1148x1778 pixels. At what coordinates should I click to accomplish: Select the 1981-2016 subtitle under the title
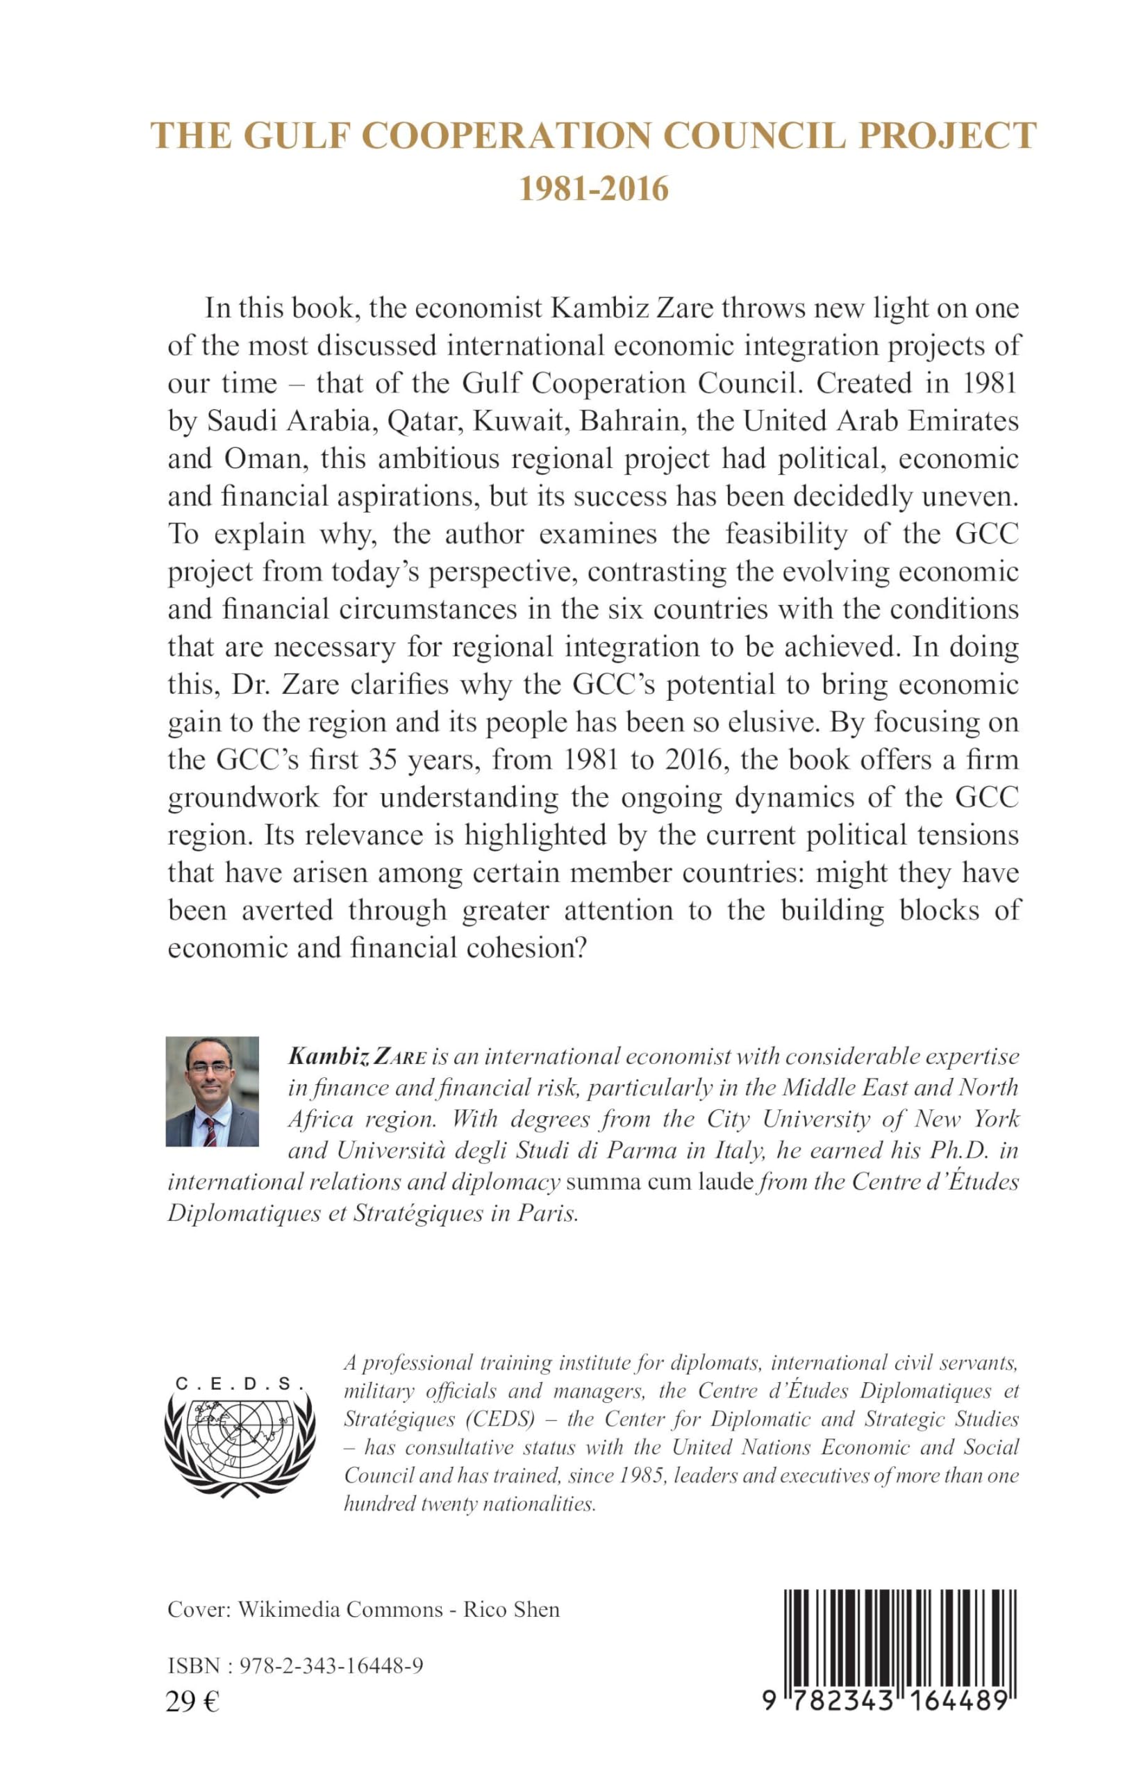[593, 190]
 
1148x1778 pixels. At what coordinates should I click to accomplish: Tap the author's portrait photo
[212, 1090]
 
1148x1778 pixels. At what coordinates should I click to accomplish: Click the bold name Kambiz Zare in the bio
[346, 1056]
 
